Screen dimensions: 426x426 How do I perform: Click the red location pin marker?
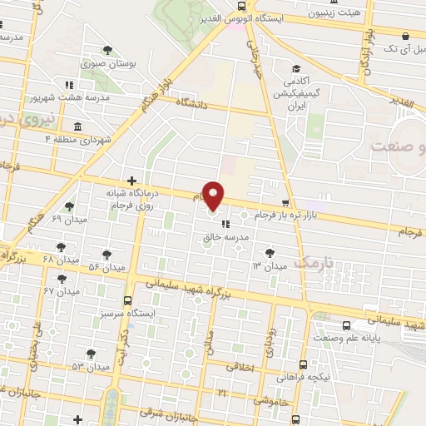(215, 195)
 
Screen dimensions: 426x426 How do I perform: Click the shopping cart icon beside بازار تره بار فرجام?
(286, 202)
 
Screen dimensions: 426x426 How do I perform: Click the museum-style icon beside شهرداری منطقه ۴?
(77, 126)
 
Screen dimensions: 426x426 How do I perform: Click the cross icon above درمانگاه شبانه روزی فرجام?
(131, 180)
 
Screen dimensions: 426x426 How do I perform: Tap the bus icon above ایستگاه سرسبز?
(126, 300)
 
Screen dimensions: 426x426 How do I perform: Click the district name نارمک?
(314, 262)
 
